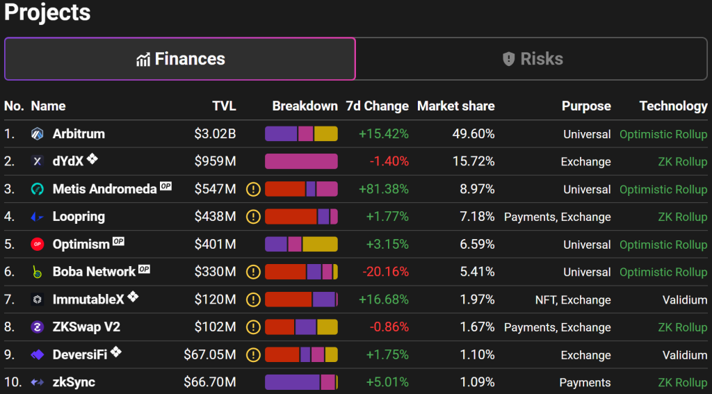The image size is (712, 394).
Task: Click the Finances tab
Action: pos(180,59)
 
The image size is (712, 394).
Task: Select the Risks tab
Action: pos(532,59)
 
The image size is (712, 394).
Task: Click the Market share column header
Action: pos(456,106)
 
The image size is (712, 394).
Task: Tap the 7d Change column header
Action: pos(378,106)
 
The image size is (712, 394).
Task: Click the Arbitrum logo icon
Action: pos(38,134)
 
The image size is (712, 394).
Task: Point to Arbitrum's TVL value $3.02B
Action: pos(216,134)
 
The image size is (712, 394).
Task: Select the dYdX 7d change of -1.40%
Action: pos(389,162)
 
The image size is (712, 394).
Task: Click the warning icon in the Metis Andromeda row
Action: pos(253,189)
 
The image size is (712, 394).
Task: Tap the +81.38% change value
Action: pos(384,189)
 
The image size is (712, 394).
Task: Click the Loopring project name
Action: pos(79,217)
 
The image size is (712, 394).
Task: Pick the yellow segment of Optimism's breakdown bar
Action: pos(320,244)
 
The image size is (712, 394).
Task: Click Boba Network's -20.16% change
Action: pos(385,272)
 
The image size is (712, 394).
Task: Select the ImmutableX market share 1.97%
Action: pos(476,299)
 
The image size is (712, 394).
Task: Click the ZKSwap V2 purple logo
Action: pos(38,327)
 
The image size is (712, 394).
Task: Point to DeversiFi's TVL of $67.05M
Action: pos(210,355)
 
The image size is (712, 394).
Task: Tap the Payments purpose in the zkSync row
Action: pos(585,383)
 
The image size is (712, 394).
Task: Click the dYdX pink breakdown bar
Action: pos(302,162)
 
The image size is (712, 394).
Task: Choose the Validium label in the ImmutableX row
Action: pos(685,299)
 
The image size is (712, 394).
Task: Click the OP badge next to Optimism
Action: pos(118,242)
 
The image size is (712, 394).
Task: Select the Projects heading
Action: pos(48,13)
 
